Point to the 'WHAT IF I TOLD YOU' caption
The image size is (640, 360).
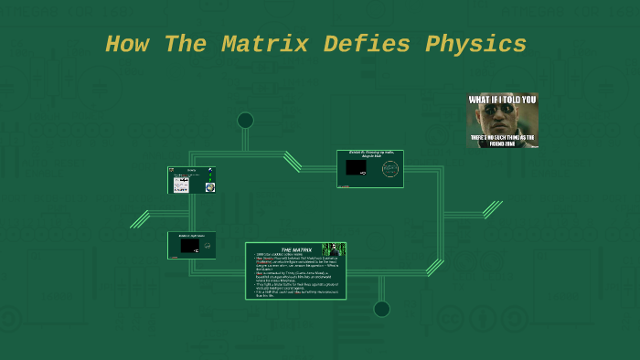503,100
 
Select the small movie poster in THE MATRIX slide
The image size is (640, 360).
335,249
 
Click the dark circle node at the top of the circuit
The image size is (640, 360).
245,120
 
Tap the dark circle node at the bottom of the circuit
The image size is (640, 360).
382,309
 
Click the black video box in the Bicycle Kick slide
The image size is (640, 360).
357,168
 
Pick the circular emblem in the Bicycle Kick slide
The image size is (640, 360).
390,169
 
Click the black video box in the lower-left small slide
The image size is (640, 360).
189,246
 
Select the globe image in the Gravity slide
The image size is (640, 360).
209,187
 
